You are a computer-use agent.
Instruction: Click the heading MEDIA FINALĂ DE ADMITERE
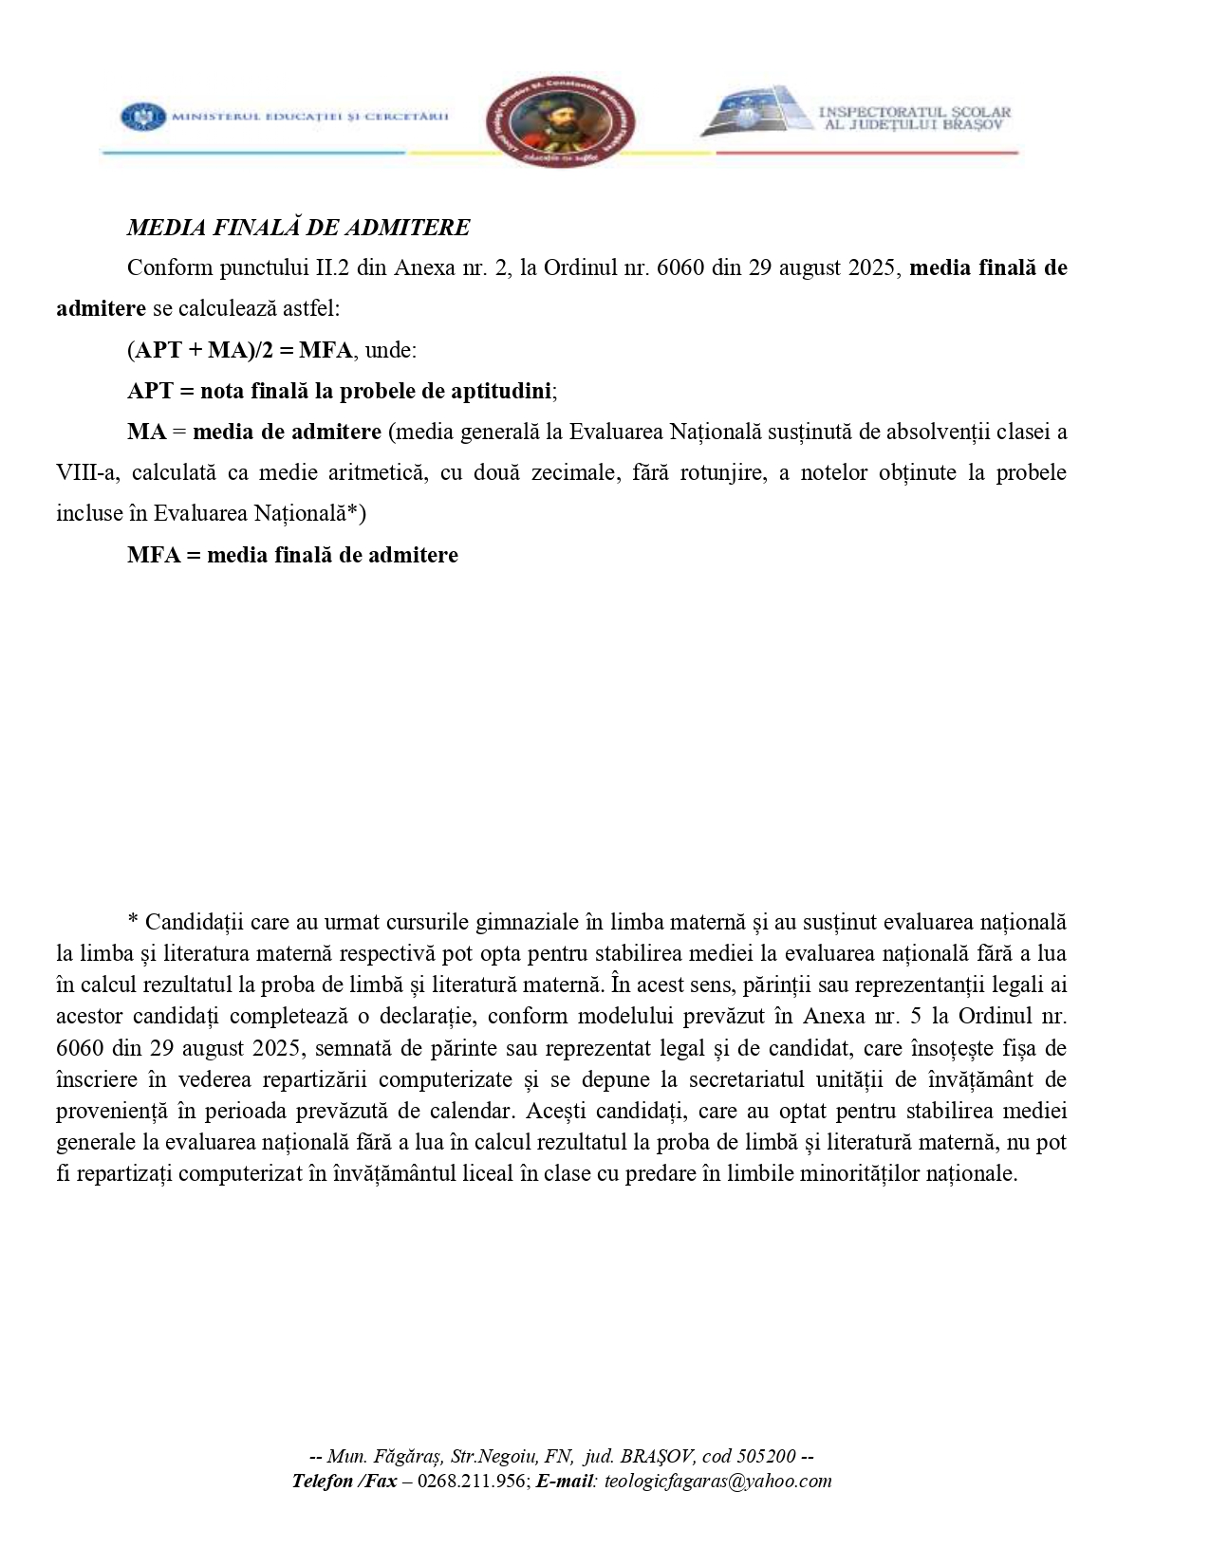[x=298, y=228]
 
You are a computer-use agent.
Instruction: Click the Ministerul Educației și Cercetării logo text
[x=309, y=117]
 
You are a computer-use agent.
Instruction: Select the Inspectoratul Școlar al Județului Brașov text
[x=914, y=118]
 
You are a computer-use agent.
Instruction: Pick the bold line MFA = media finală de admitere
[x=292, y=555]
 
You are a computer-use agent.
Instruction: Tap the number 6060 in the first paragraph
[x=679, y=267]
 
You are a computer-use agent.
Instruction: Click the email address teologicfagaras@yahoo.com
[x=717, y=1482]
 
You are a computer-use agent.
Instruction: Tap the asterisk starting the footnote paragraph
[x=133, y=922]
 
